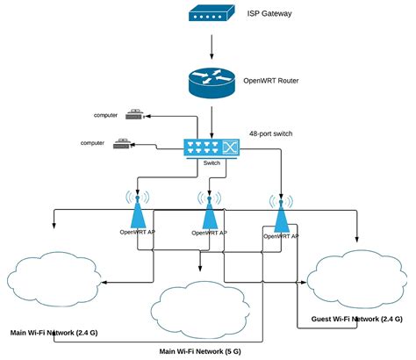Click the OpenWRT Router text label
[x=272, y=80]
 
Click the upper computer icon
[x=134, y=114]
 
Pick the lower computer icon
[x=123, y=144]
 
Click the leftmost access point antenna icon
[x=138, y=211]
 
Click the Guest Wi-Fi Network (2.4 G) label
[x=356, y=320]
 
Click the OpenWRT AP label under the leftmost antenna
[x=138, y=233]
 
